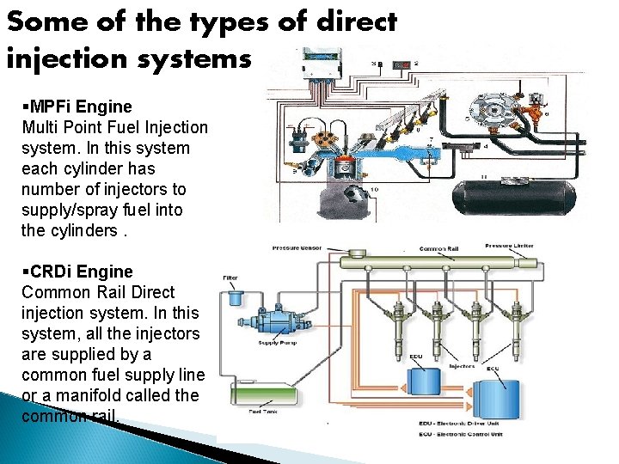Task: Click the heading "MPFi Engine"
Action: [78, 107]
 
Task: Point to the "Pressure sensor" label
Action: [297, 247]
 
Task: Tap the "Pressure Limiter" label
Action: [509, 246]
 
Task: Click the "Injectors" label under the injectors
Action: [463, 365]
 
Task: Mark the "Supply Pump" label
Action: [277, 344]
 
